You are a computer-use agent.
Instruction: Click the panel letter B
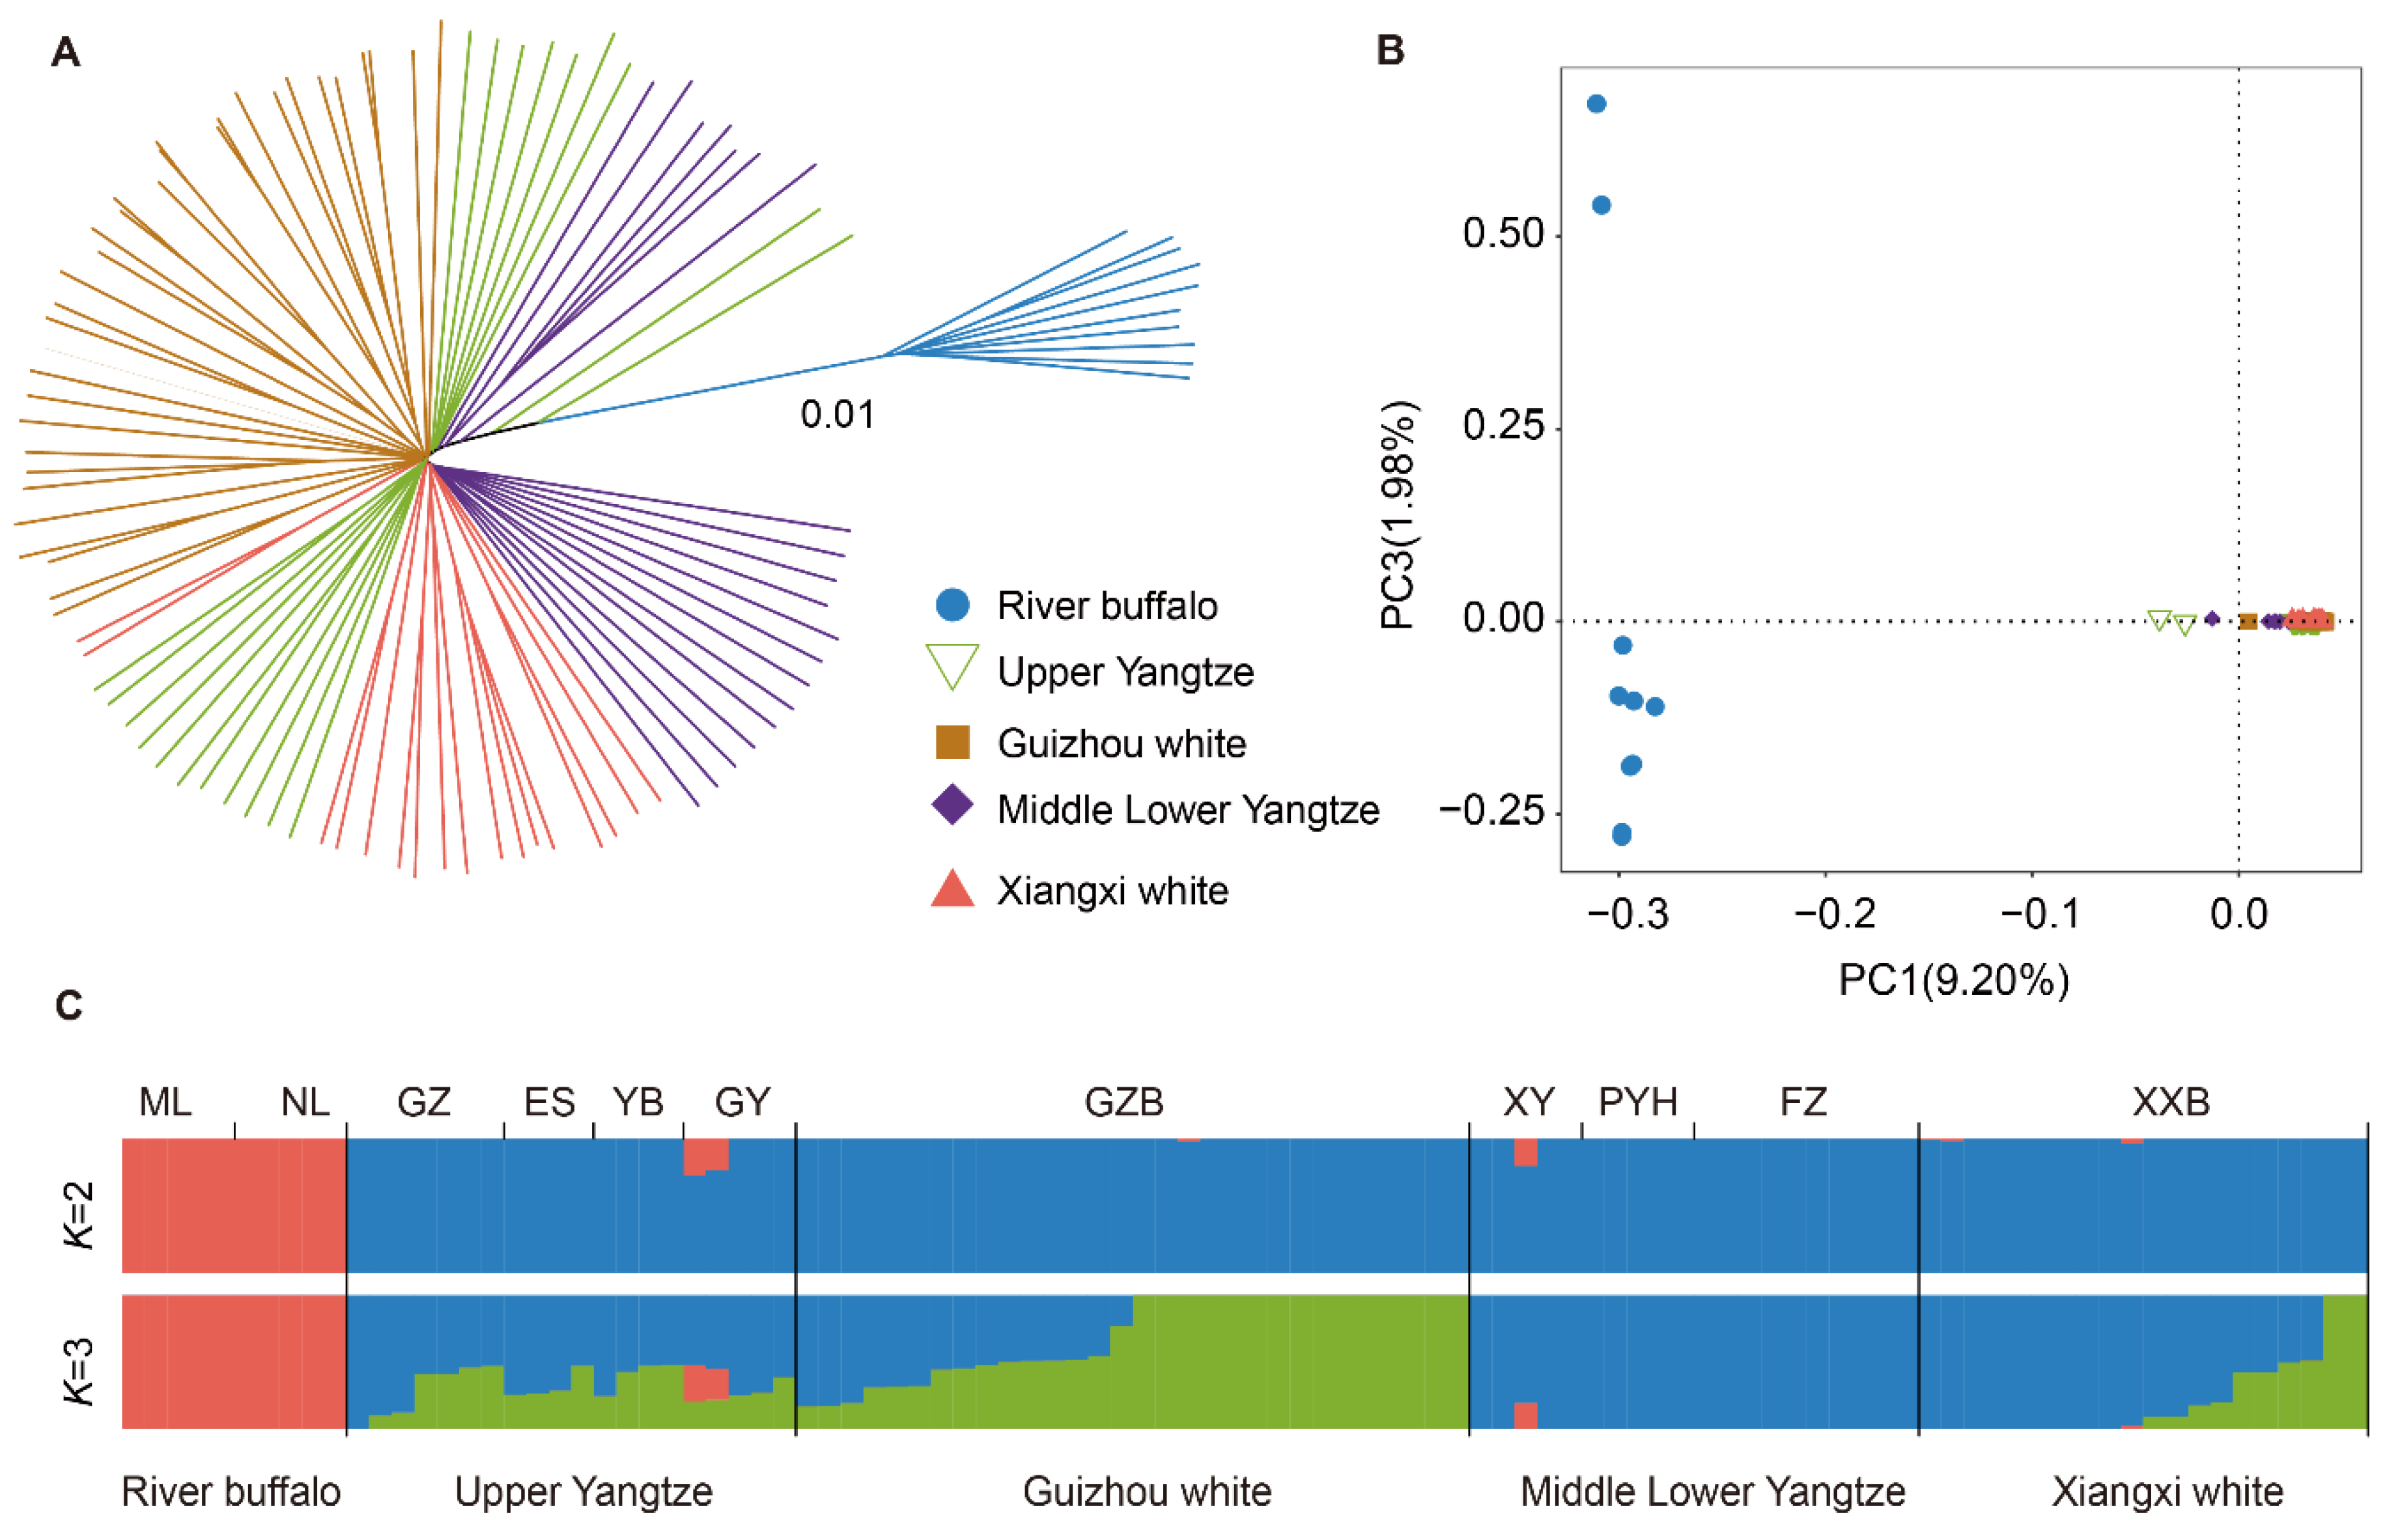pos(1389,49)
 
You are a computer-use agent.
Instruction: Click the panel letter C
pos(68,1006)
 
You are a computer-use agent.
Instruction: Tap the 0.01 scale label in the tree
pos(837,415)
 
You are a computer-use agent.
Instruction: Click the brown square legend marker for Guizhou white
pos(952,742)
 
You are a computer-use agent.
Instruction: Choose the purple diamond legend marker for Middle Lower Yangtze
pos(952,805)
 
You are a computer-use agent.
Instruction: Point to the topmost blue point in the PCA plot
pos(1596,104)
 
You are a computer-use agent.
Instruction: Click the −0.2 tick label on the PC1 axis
pos(1834,913)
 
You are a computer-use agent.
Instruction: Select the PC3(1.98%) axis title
pos(1398,514)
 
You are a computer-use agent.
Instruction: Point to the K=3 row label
pos(79,1371)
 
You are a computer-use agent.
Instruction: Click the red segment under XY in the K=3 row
pos(1525,1415)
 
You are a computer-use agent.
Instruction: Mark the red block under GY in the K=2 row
pos(705,1155)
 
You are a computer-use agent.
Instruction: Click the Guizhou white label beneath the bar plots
pos(1146,1491)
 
